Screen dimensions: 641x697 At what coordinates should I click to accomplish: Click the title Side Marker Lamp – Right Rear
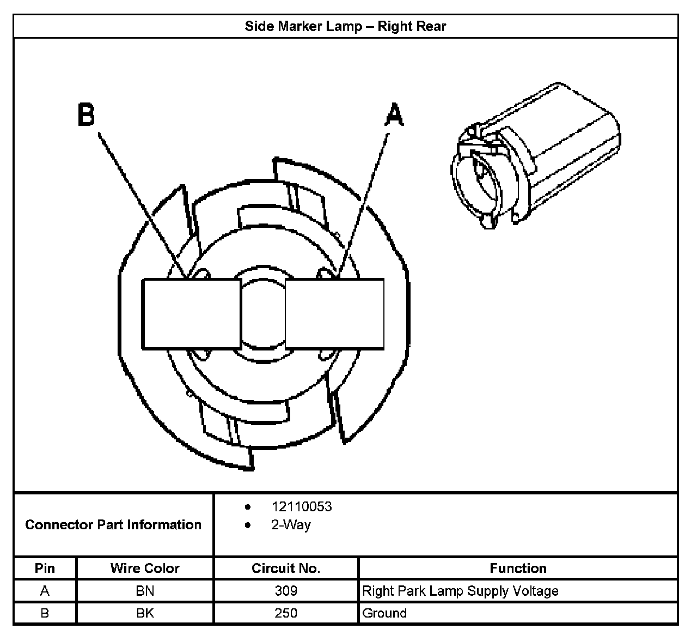point(345,26)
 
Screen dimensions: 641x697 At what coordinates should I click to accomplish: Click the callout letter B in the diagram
point(86,115)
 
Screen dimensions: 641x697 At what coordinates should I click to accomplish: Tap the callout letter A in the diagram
point(394,116)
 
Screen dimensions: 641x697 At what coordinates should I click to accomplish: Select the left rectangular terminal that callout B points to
point(191,314)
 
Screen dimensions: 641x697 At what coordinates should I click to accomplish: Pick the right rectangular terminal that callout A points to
point(334,314)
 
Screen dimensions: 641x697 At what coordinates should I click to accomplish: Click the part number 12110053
point(302,506)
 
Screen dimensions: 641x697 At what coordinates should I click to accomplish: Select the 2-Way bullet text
point(291,525)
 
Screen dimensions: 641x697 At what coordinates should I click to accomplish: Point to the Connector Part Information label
point(113,524)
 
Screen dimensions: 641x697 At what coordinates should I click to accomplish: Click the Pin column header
point(45,568)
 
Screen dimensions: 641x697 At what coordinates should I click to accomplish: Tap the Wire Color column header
point(145,568)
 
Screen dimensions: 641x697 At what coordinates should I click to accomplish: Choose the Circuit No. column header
point(286,568)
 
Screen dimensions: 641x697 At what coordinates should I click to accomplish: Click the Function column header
point(518,568)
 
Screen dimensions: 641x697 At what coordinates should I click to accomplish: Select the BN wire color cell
point(145,591)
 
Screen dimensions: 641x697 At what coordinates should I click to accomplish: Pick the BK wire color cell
point(145,613)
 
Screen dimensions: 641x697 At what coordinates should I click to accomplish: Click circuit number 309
point(286,591)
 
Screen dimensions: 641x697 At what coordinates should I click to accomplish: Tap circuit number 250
point(286,613)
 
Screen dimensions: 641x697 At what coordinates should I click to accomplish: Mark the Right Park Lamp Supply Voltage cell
point(460,591)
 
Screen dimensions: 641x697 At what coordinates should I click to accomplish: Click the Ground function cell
point(384,613)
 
